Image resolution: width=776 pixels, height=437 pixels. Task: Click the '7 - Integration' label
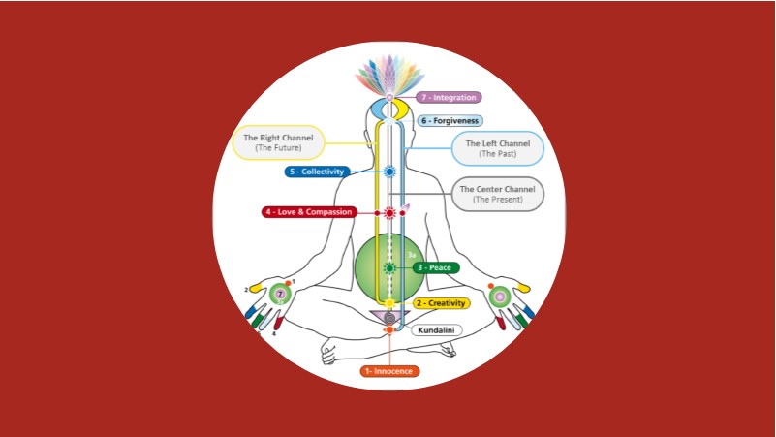(x=449, y=97)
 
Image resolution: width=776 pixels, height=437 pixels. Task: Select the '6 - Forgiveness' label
(x=450, y=121)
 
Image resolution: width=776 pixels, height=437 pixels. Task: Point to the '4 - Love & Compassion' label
(x=309, y=212)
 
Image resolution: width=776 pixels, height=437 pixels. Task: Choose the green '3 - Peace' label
(x=435, y=267)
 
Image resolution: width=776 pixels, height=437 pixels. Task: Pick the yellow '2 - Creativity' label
(x=441, y=303)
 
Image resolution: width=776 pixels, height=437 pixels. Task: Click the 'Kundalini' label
(x=436, y=330)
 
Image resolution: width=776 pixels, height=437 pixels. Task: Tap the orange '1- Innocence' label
(x=389, y=371)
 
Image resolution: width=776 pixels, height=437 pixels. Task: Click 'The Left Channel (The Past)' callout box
(x=498, y=148)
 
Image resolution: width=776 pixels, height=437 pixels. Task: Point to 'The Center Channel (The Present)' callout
(x=497, y=194)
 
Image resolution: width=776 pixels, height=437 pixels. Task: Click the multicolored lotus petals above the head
(x=389, y=76)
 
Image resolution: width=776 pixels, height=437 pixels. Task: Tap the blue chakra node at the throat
(x=389, y=172)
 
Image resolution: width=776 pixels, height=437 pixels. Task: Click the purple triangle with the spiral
(x=389, y=316)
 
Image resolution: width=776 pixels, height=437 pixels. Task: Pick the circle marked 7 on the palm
(x=281, y=294)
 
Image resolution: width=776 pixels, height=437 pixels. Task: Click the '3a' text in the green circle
(x=411, y=254)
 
